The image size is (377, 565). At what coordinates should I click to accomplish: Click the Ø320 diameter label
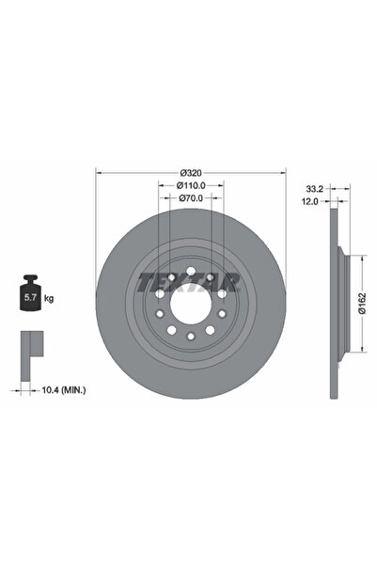click(x=192, y=173)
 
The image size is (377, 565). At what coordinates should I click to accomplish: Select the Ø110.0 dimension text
click(x=192, y=186)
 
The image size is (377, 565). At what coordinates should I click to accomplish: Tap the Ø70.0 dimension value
click(x=192, y=198)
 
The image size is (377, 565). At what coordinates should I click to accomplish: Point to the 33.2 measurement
click(x=315, y=189)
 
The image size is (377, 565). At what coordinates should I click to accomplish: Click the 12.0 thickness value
click(x=315, y=201)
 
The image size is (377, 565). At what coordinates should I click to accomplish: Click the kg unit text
click(x=49, y=299)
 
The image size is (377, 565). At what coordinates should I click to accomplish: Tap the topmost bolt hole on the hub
click(x=192, y=273)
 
